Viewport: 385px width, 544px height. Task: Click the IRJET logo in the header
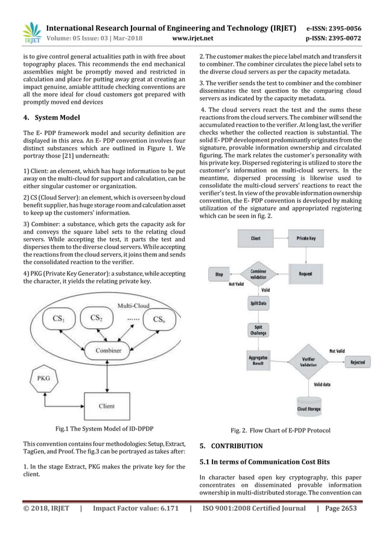pos(30,33)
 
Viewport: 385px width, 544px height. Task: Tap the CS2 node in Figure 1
pos(96,317)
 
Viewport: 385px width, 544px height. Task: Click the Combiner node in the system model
pos(108,349)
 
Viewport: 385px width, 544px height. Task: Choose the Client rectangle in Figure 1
pos(107,405)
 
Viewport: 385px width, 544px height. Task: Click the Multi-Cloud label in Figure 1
pos(134,305)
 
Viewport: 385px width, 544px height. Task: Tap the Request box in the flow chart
pos(305,273)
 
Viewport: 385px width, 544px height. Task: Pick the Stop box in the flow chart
pos(219,274)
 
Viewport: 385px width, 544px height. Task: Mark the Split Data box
pos(258,303)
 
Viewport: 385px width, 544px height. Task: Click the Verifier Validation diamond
pos(308,362)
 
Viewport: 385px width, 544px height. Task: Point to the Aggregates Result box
pos(258,361)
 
